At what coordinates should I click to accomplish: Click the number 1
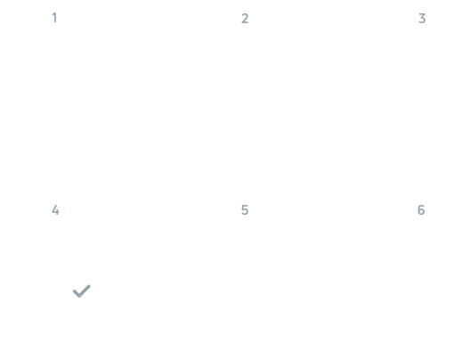tap(54, 18)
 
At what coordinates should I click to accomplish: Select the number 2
tap(245, 19)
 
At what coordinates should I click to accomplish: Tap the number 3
tap(422, 19)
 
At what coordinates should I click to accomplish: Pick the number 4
tap(55, 210)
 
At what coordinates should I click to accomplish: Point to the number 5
tap(245, 210)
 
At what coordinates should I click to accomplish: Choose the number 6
tap(421, 210)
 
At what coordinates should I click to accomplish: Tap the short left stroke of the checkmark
tap(77, 293)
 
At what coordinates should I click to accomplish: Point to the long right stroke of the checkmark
tap(85, 290)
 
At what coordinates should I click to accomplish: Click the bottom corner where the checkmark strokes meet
tap(79, 297)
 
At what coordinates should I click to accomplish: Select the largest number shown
tap(421, 210)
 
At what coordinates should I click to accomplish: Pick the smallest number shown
tap(54, 18)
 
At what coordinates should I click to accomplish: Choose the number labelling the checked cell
tap(55, 210)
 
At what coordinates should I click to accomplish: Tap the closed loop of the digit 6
tap(421, 212)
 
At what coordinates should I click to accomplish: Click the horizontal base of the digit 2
tap(245, 23)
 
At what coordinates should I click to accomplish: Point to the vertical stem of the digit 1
tap(55, 18)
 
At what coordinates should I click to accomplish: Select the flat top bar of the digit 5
tap(245, 206)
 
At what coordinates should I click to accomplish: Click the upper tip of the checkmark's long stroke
tap(89, 286)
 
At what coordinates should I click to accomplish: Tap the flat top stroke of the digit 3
tap(422, 14)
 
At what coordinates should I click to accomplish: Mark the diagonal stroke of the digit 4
tap(54, 209)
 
